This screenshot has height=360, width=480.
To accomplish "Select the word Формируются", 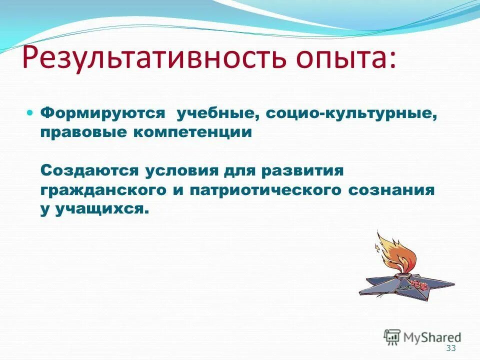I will (102, 113).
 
